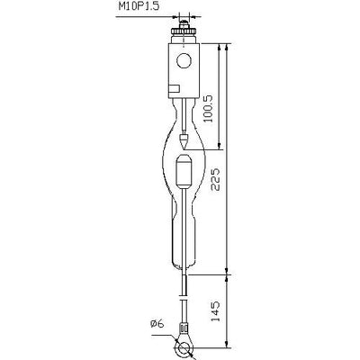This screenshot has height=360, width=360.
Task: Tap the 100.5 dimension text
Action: tap(208, 109)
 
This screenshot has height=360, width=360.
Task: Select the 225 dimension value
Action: tap(216, 179)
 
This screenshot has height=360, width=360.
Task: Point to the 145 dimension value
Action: tap(215, 311)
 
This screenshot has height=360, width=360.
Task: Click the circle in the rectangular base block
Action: tap(184, 61)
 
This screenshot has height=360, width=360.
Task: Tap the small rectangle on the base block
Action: tap(174, 89)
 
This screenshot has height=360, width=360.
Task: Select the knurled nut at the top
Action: tap(184, 31)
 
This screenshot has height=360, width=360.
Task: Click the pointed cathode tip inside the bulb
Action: tap(184, 141)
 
